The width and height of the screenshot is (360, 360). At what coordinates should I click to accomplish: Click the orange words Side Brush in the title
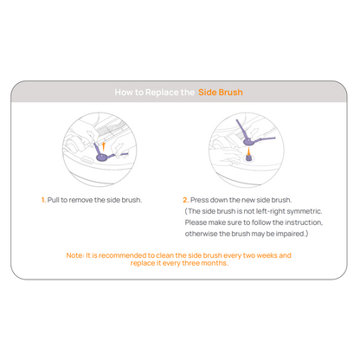221,93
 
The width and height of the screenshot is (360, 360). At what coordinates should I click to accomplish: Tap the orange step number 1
43,200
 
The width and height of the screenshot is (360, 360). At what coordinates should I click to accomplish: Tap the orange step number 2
186,200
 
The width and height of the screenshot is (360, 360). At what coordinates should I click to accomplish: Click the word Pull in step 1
54,200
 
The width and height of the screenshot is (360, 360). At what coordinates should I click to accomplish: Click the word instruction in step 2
304,222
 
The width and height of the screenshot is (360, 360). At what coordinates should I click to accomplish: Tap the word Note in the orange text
75,255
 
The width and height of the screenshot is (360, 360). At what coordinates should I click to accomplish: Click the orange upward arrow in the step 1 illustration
104,146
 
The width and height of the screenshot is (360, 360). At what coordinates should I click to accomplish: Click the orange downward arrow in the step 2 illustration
248,151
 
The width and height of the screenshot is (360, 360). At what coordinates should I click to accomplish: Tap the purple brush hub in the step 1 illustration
101,157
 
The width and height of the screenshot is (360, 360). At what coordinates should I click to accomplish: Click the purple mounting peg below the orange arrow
248,157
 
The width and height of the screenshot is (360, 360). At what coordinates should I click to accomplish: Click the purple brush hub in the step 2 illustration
247,141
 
